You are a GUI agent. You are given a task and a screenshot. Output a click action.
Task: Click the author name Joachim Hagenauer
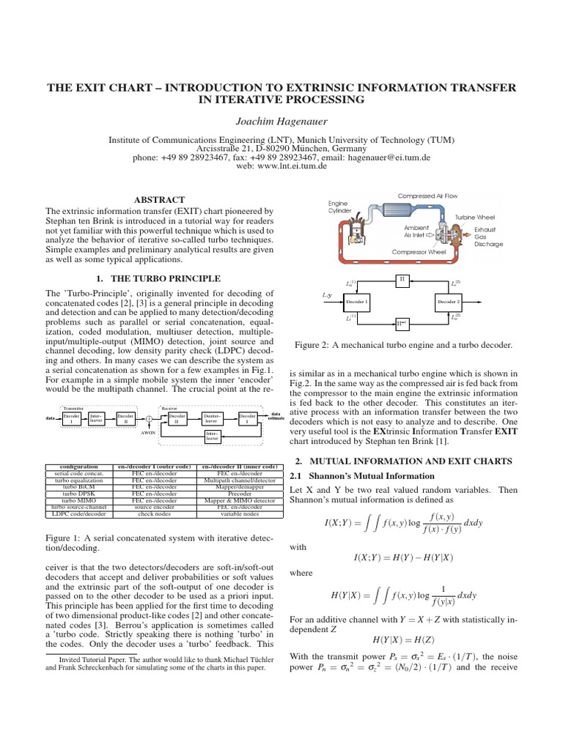click(x=281, y=121)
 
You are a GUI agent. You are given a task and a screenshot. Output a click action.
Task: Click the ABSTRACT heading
click(x=159, y=199)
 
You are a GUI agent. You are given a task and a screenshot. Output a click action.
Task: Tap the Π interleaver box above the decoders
click(x=401, y=279)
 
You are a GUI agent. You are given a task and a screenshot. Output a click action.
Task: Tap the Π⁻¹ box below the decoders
click(x=401, y=321)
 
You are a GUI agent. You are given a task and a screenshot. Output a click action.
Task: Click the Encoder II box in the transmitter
click(x=125, y=417)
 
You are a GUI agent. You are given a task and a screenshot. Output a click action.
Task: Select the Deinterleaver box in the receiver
click(x=213, y=417)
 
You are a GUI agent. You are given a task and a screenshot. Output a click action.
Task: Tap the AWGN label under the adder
click(x=149, y=434)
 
